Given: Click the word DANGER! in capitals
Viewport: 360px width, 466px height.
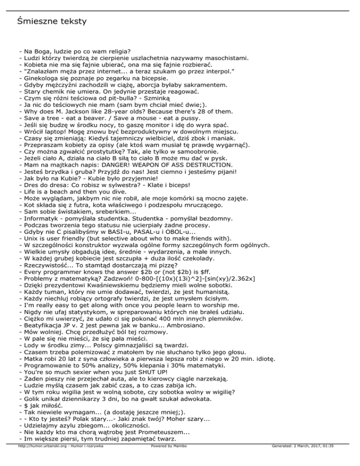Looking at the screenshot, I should [x=121, y=165].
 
